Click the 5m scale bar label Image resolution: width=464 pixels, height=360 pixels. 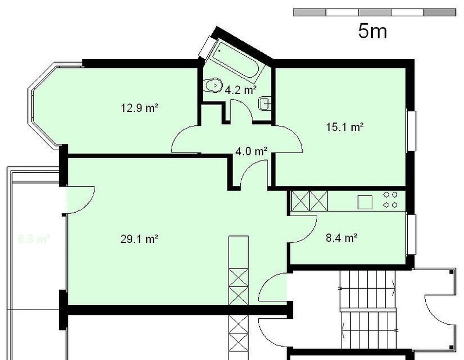coord(372,31)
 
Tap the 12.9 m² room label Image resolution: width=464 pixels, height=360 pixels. coord(140,107)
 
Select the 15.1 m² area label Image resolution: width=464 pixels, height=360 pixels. coord(344,127)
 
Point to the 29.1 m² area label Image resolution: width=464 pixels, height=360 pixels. coord(140,238)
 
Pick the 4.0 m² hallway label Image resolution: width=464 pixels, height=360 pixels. coord(251,151)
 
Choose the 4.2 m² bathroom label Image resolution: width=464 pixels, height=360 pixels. coord(240,90)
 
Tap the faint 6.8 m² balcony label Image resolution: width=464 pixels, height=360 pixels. coord(34,238)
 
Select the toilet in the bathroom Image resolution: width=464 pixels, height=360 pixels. coord(213,85)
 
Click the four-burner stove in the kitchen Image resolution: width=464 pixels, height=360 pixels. coord(389,200)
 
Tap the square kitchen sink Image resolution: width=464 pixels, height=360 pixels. coord(365,202)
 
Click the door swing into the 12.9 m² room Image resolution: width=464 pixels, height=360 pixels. coord(186,139)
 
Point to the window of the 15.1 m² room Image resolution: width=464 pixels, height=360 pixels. coord(411,130)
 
